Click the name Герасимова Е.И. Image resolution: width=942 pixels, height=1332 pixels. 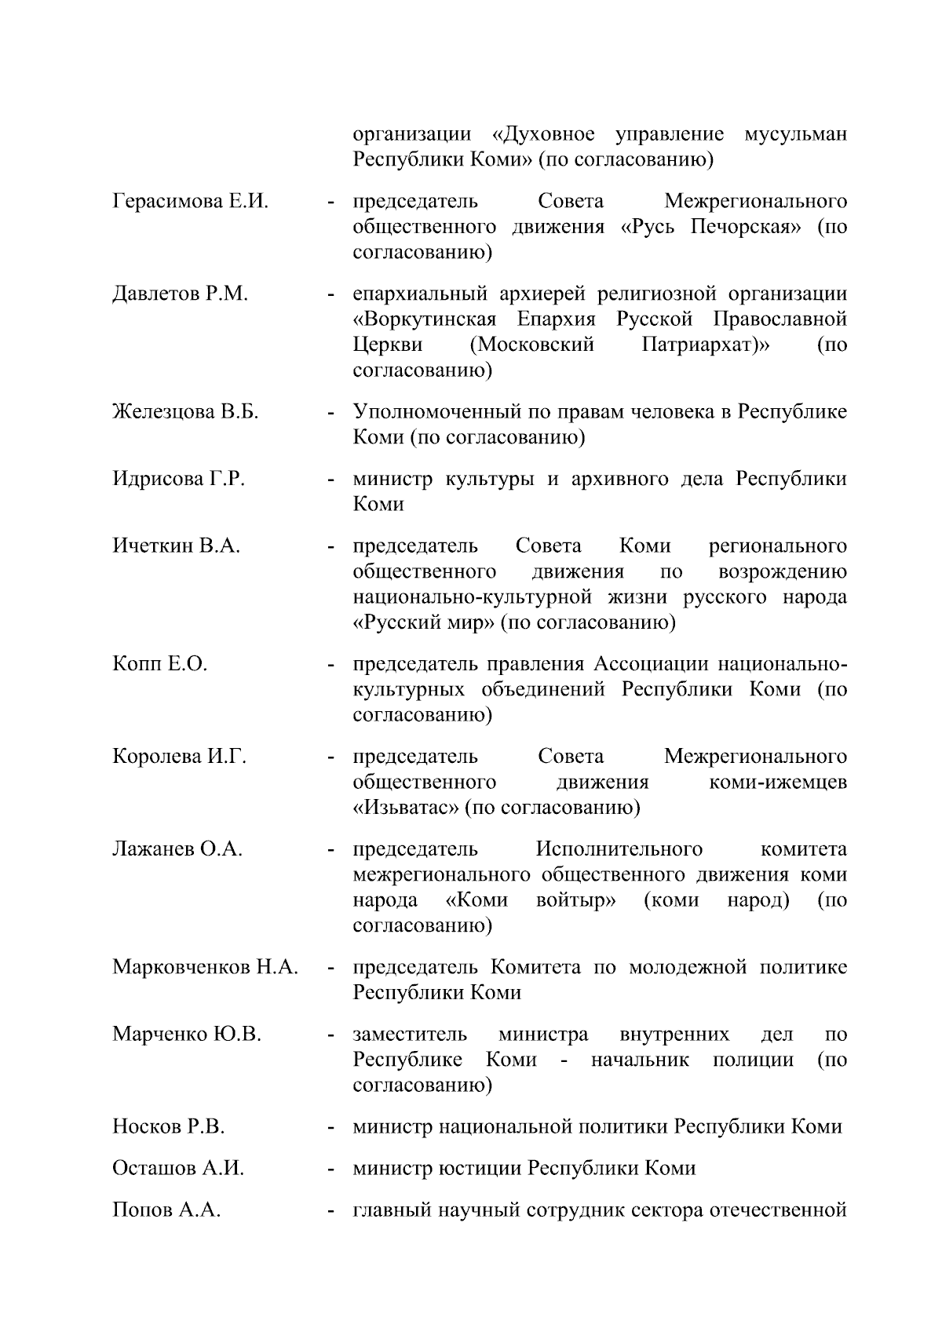tap(190, 202)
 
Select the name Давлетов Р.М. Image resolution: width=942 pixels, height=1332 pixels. tap(180, 294)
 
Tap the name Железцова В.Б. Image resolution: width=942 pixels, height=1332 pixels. tap(185, 412)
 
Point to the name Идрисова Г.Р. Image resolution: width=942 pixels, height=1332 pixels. tap(178, 479)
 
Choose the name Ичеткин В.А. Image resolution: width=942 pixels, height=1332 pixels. tap(176, 546)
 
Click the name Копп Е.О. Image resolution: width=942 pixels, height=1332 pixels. tap(159, 664)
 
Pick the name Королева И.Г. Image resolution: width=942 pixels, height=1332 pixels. tap(179, 757)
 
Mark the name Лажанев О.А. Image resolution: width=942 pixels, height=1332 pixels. tap(177, 849)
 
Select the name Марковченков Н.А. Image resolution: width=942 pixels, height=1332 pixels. tap(205, 967)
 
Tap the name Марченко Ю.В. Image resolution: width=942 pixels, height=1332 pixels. tap(187, 1034)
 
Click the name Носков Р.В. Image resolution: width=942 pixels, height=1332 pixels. tap(168, 1127)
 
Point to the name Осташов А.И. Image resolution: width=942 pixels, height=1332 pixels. tap(178, 1169)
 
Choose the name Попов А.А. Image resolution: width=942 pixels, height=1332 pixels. tap(166, 1210)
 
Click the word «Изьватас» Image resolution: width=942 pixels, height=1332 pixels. tap(405, 808)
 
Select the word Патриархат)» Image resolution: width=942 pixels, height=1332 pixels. tap(705, 345)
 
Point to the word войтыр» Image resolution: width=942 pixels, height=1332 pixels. tap(575, 900)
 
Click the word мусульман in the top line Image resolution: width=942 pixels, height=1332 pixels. tap(794, 134)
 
